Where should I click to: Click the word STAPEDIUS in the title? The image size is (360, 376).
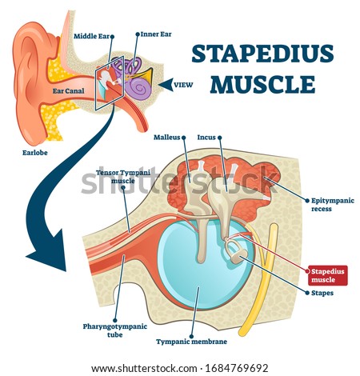click(x=262, y=54)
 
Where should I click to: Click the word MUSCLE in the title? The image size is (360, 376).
click(x=262, y=84)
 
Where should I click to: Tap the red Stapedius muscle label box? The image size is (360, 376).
click(x=328, y=275)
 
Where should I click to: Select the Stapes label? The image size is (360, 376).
click(x=322, y=293)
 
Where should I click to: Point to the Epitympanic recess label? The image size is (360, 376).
click(x=333, y=205)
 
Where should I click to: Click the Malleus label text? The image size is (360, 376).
click(x=167, y=138)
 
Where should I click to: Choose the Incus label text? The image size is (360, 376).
click(x=206, y=138)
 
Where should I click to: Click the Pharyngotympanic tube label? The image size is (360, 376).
click(x=115, y=330)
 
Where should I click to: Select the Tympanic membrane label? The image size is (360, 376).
click(x=191, y=342)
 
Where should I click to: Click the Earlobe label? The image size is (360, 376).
click(x=35, y=153)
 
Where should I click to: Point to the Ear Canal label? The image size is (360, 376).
click(x=68, y=91)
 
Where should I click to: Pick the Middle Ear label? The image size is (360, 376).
click(x=92, y=36)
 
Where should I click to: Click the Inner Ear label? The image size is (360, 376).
click(x=156, y=34)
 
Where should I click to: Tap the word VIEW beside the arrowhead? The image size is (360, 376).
click(x=183, y=85)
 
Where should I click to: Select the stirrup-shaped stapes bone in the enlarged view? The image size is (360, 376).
click(x=233, y=249)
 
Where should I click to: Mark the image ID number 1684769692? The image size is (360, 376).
click(x=236, y=369)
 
